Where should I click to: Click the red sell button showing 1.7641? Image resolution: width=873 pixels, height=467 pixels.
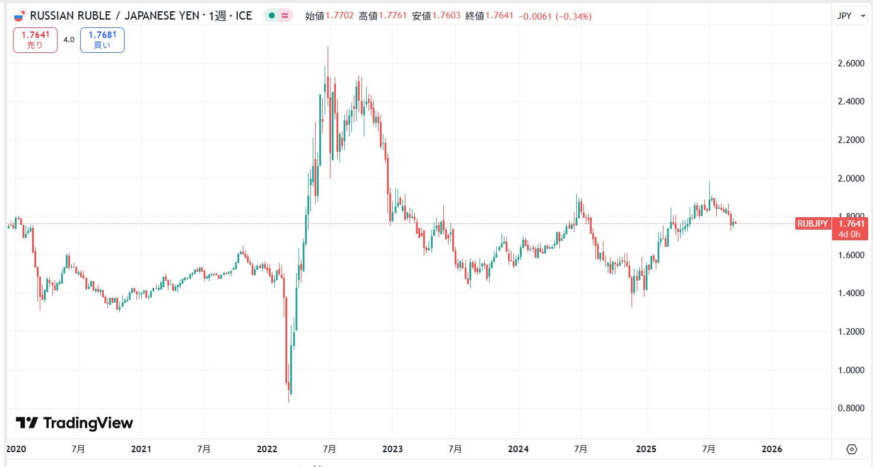click(x=35, y=40)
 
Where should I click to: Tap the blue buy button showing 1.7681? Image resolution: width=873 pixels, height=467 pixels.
click(x=102, y=40)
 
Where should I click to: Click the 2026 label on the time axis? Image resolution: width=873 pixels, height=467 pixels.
click(x=771, y=449)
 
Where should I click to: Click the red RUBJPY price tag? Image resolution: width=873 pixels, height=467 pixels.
click(x=812, y=224)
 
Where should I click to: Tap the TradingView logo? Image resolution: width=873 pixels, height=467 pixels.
click(x=74, y=423)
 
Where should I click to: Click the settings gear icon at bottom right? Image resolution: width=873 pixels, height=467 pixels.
click(x=852, y=449)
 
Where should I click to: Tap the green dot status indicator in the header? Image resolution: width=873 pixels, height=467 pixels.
click(x=271, y=16)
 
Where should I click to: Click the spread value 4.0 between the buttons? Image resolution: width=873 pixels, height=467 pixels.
click(x=69, y=40)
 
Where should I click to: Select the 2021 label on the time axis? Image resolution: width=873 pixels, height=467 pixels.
click(x=141, y=449)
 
